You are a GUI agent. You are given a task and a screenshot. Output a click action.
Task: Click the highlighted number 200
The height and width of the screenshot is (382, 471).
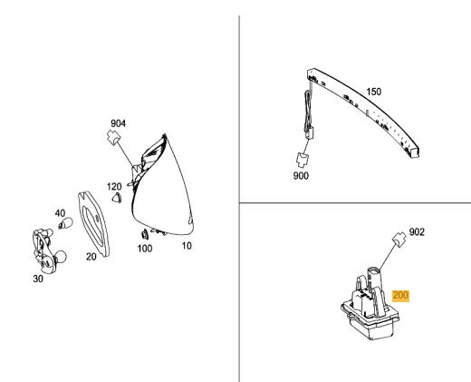point(400,295)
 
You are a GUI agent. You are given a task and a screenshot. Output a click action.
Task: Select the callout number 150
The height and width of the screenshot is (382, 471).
point(374,92)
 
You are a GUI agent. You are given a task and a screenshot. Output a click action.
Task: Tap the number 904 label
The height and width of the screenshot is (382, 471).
point(118,123)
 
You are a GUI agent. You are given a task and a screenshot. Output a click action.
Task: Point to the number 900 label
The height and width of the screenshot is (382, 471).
point(301,175)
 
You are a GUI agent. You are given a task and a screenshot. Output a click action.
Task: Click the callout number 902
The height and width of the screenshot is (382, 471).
point(417,232)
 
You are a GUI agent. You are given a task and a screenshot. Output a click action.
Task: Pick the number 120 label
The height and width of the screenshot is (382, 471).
point(114,186)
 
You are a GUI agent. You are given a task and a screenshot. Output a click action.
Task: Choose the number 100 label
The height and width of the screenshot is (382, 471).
point(145,249)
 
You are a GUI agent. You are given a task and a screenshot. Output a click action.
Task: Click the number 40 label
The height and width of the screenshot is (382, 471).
point(60,213)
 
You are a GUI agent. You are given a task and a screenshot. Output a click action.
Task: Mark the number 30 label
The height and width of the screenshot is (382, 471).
point(38,279)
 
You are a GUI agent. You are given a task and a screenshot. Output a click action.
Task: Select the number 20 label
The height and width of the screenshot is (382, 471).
point(91,257)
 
